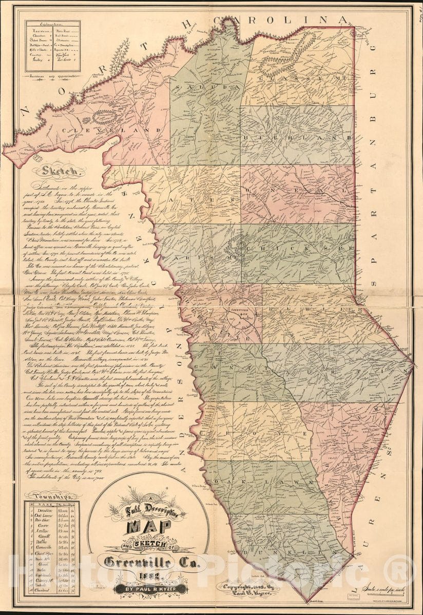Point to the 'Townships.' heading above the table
pyautogui.click(x=51, y=495)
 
